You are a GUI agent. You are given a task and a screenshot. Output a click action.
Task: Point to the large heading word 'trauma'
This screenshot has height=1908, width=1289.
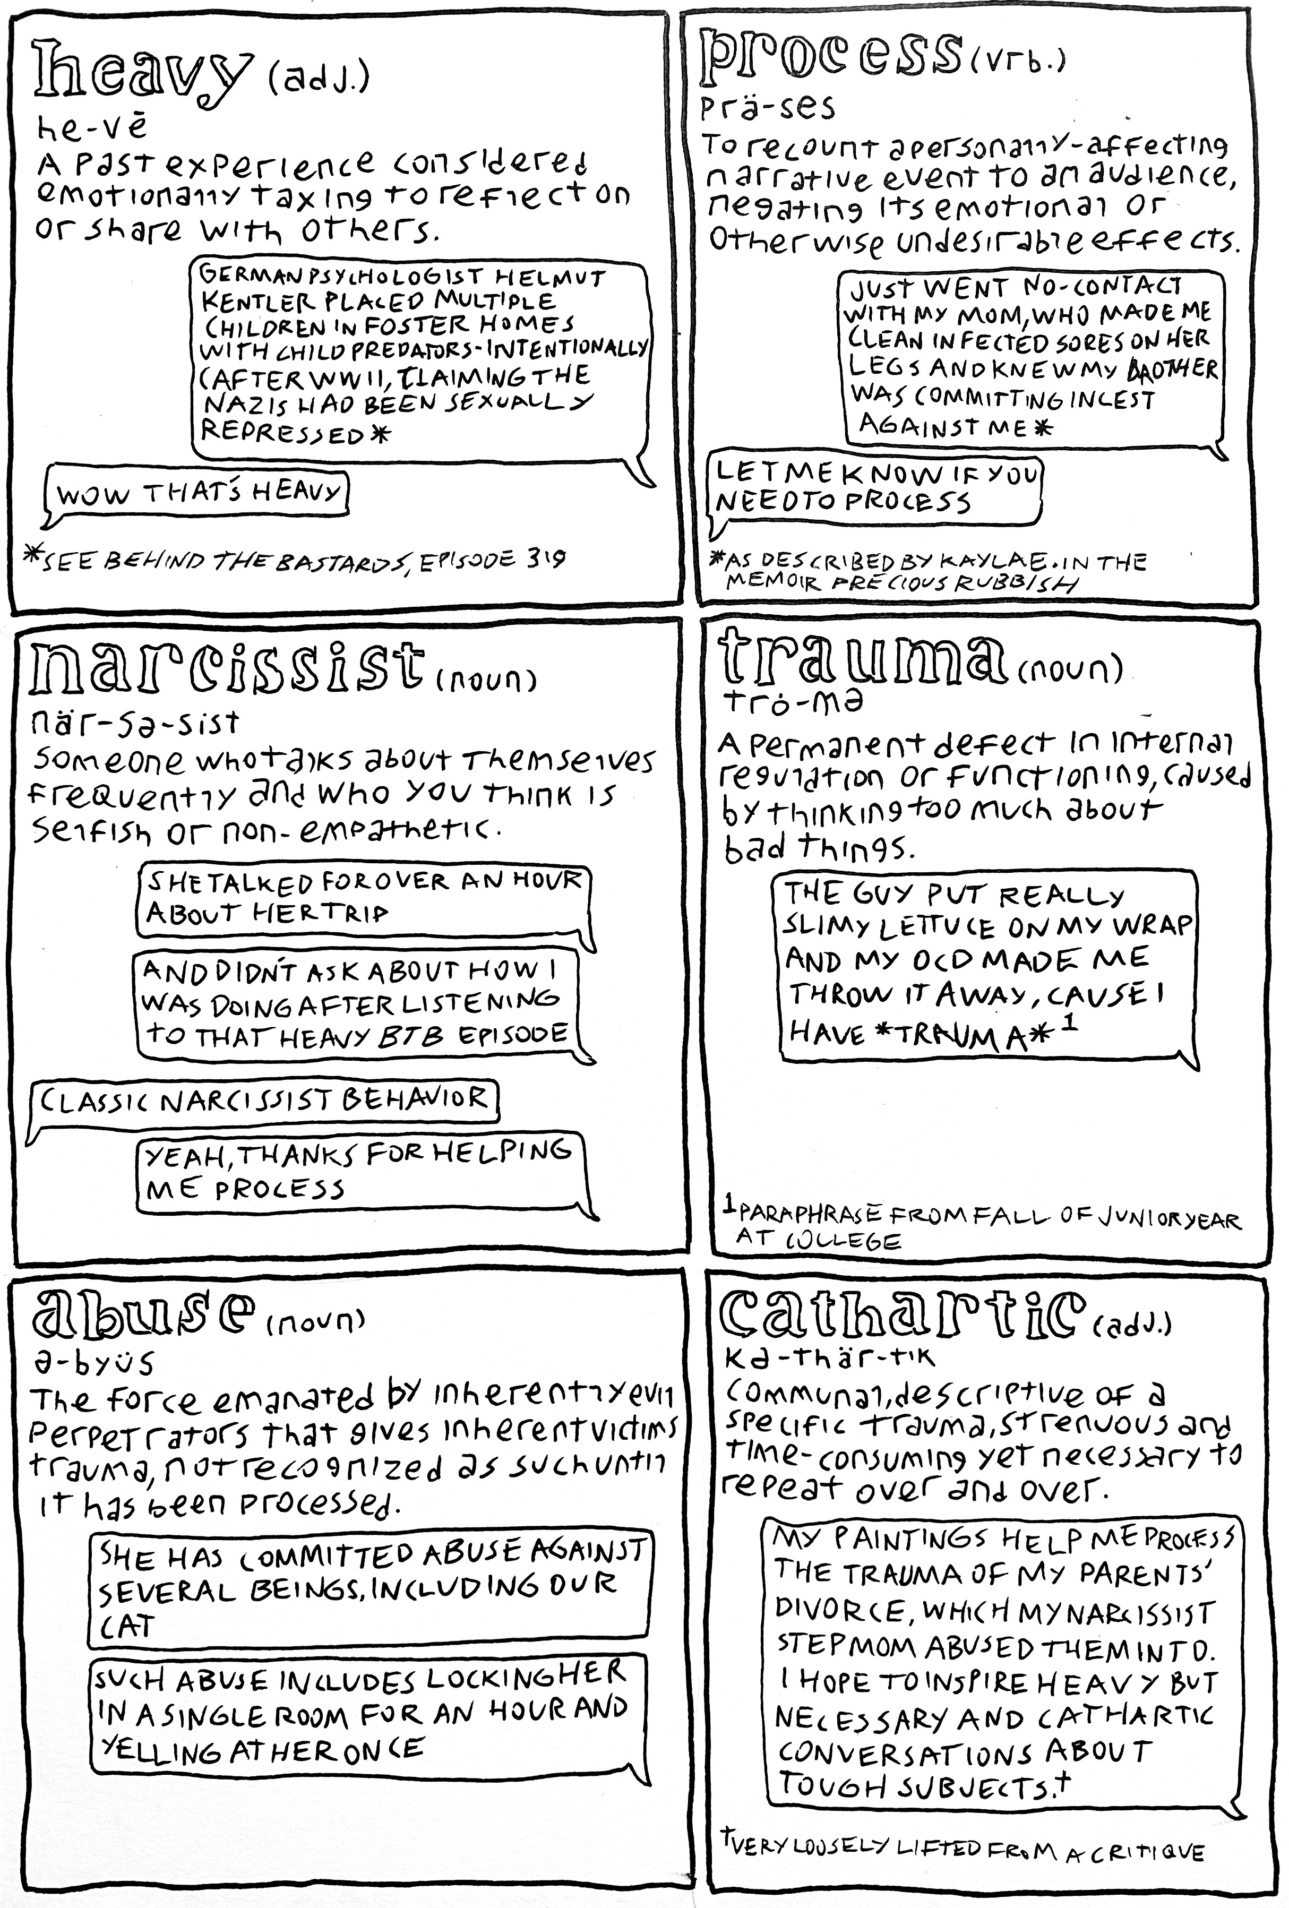pos(862,661)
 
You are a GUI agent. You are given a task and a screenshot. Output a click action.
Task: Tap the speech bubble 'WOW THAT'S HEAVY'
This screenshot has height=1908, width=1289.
pos(197,493)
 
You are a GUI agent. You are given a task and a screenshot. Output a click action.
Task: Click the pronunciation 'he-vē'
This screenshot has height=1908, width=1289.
pos(91,127)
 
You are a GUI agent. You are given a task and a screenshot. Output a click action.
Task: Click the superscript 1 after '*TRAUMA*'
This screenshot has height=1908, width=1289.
pos(1065,1024)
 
